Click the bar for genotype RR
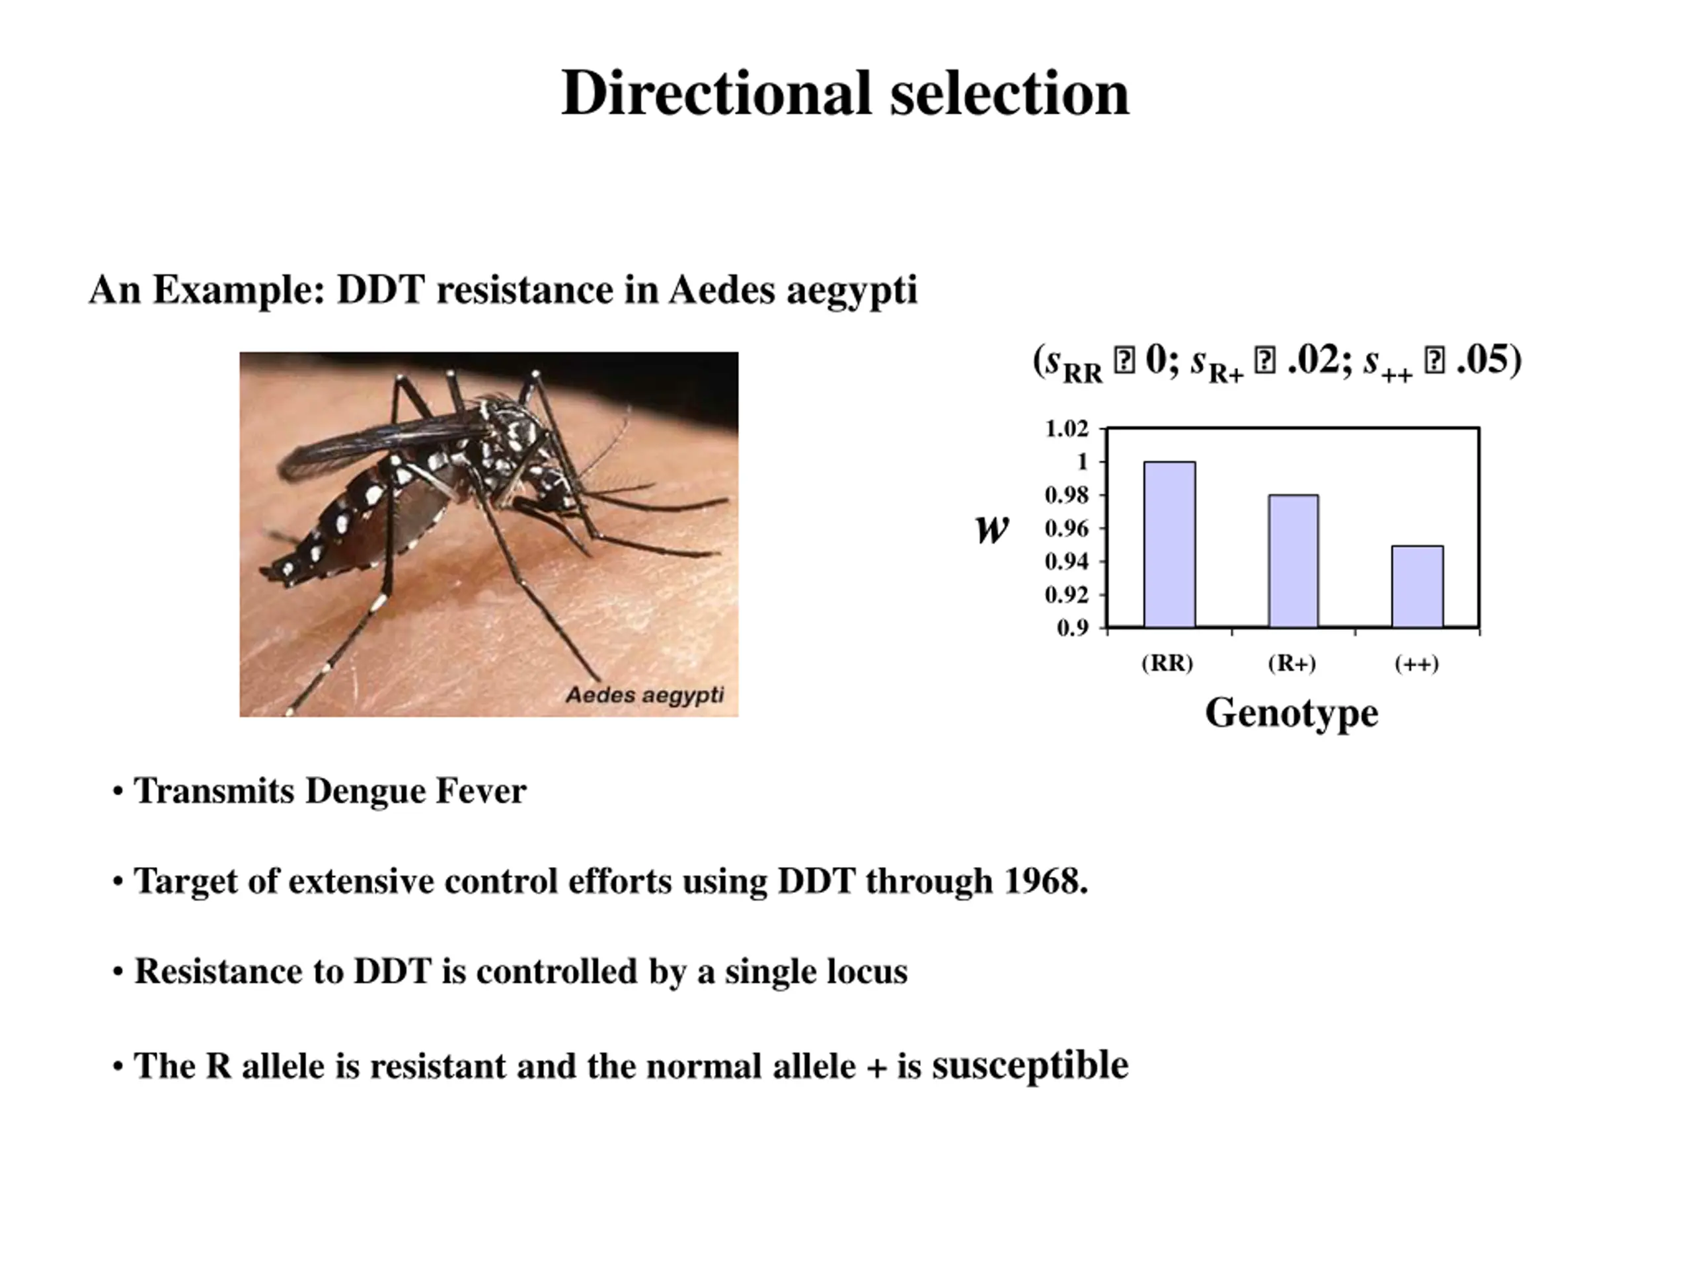pos(1169,544)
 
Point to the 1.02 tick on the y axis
pos(1066,428)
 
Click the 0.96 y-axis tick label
pos(1066,529)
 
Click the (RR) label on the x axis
pos(1167,662)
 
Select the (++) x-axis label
pos(1416,663)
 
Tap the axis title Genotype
pos(1291,713)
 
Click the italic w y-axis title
pos(992,529)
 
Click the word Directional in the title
pos(716,93)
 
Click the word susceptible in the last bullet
pos(1030,1065)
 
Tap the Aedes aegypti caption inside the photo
pos(644,695)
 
